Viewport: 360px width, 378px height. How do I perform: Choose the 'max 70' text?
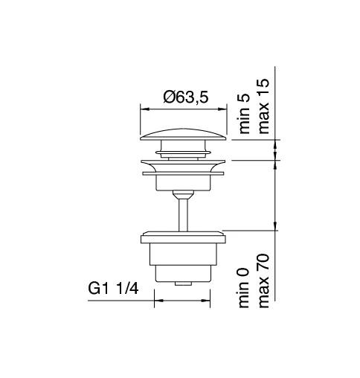coord(263,281)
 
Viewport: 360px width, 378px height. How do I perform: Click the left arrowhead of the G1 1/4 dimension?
coord(157,302)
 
